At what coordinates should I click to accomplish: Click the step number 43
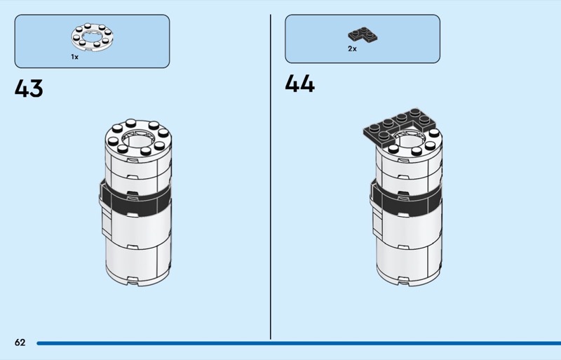coord(29,89)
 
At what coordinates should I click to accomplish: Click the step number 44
coord(299,84)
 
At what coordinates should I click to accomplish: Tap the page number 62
coord(20,342)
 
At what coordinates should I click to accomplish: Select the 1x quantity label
coord(74,57)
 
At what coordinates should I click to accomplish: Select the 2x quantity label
coord(352,49)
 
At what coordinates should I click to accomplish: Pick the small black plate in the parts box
coord(362,34)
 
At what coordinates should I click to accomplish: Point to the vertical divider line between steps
coord(271,175)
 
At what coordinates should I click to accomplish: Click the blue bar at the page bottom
coord(295,343)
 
